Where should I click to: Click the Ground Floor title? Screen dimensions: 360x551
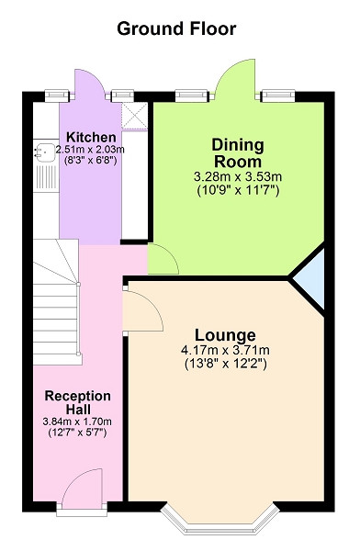176,29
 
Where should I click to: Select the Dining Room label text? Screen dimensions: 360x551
238,153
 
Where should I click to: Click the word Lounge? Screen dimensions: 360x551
225,335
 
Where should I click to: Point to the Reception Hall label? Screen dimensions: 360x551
78,403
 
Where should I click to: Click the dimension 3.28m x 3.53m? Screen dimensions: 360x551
238,176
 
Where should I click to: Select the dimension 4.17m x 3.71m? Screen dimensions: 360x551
225,351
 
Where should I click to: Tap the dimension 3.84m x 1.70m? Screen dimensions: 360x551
77,422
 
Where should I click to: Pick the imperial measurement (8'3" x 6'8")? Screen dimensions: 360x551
90,160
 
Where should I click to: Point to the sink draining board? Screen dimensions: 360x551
47,177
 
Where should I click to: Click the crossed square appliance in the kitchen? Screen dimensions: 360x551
134,116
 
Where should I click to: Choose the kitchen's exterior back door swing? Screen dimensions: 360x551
90,83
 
